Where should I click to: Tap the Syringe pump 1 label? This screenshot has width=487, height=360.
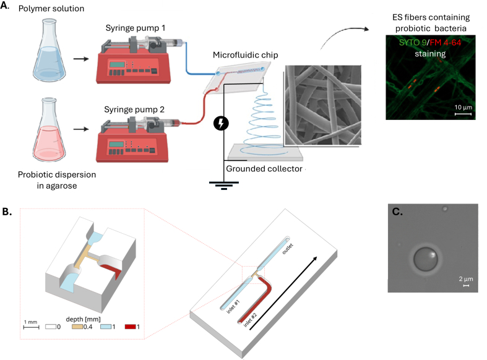click(136, 28)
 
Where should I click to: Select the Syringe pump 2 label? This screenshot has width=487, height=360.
click(134, 109)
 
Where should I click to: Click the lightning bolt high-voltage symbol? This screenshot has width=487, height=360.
click(221, 123)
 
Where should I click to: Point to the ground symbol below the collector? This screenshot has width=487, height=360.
click(224, 186)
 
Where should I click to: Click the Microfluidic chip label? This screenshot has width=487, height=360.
click(246, 55)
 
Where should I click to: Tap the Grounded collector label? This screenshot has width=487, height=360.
click(264, 168)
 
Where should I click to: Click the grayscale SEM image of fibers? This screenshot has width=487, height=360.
click(323, 105)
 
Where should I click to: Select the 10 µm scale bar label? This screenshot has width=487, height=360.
click(463, 108)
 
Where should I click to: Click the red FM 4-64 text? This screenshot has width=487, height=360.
click(446, 43)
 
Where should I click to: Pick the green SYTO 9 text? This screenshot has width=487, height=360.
click(413, 43)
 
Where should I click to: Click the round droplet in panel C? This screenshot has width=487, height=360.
click(425, 259)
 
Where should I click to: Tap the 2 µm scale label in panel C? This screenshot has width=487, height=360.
click(466, 279)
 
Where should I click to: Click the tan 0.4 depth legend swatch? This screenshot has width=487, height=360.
click(77, 327)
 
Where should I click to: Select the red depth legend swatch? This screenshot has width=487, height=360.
click(130, 327)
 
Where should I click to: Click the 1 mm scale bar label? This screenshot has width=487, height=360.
click(31, 322)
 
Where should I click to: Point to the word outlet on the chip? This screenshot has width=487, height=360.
click(287, 249)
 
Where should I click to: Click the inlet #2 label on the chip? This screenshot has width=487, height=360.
click(250, 320)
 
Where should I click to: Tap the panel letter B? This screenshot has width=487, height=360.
click(7, 212)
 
